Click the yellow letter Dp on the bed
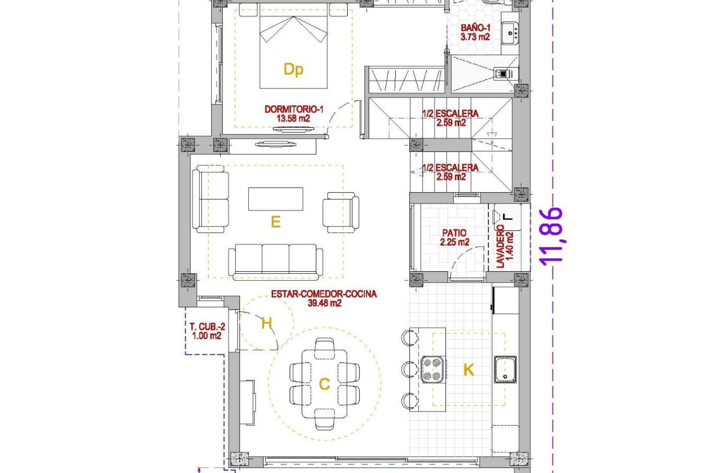point(293,69)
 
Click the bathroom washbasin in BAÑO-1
point(510,33)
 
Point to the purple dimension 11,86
point(552,236)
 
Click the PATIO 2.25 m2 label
point(454,237)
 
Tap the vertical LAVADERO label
point(504,246)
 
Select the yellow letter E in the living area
point(275,222)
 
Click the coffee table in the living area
point(275,199)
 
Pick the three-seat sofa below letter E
point(275,261)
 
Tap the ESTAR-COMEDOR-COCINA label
point(324,298)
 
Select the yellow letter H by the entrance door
point(266,324)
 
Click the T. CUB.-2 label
point(207,331)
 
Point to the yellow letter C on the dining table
point(324,384)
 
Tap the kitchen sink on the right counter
point(505,370)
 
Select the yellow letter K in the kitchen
point(468,370)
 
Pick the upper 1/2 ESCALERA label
point(451,118)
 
